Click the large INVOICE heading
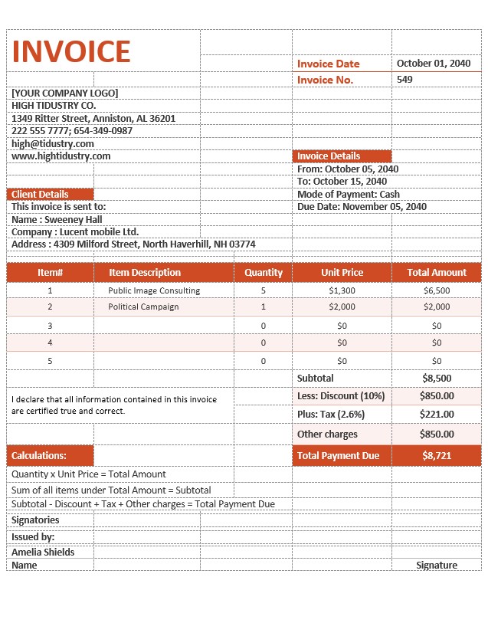pos(71,51)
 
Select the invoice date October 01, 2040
pos(433,64)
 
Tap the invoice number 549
pos(404,80)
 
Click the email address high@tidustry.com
pos(53,143)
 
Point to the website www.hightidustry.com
pos(61,156)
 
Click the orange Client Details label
pos(40,195)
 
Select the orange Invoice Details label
pos(329,156)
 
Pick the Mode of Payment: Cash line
pos(348,194)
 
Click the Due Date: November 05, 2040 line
pos(362,206)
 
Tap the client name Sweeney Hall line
pos(57,219)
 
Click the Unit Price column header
pos(342,272)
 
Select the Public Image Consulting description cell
pos(154,290)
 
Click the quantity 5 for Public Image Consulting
pos(263,290)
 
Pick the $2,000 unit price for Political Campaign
pos(342,307)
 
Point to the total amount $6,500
pos(437,290)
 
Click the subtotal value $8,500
pos(437,378)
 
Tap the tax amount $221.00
pos(437,414)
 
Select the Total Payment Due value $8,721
pos(437,455)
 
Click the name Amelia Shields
pos(43,552)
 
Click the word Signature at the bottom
pos(437,565)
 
